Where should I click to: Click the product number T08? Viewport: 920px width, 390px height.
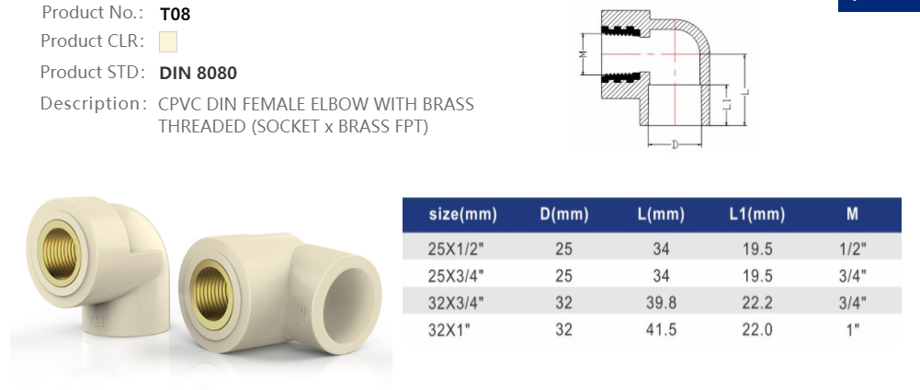(175, 14)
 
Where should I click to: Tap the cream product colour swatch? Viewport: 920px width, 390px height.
(167, 42)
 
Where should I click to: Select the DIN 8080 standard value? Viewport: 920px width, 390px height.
(198, 73)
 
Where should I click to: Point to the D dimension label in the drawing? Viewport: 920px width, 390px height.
(676, 144)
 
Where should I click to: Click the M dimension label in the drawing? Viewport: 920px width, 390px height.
(583, 55)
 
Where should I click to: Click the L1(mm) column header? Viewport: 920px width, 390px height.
(756, 215)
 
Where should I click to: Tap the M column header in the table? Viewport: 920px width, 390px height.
(852, 215)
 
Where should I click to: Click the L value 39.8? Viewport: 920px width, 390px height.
(661, 302)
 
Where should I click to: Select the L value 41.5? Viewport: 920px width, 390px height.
(661, 328)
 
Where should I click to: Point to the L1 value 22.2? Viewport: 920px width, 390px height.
(756, 302)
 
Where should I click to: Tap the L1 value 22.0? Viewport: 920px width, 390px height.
(756, 328)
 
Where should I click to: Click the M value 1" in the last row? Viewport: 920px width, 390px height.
(854, 328)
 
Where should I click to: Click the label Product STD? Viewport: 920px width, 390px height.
(92, 73)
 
